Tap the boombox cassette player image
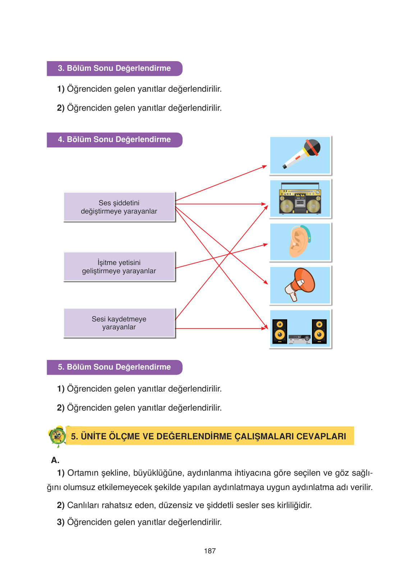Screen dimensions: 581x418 click(x=300, y=199)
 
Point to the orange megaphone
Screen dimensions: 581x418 click(x=300, y=284)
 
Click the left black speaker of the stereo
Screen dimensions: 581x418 click(x=280, y=331)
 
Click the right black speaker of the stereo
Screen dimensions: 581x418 click(x=319, y=331)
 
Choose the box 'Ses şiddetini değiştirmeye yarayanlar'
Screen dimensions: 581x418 click(x=119, y=207)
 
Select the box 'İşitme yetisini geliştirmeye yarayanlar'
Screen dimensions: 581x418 click(x=119, y=267)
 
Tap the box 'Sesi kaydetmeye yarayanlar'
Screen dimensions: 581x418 click(x=119, y=323)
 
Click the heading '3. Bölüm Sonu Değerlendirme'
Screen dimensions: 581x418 click(x=114, y=68)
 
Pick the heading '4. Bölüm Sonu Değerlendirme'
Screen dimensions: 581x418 click(x=114, y=139)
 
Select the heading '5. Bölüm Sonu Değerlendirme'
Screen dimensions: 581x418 click(x=114, y=367)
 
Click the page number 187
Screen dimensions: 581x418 click(x=210, y=551)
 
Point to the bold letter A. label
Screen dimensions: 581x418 click(x=55, y=460)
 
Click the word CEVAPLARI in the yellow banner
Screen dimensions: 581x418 click(x=321, y=436)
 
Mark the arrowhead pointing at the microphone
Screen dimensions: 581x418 click(x=265, y=166)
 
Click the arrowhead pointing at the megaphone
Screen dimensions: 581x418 click(x=266, y=283)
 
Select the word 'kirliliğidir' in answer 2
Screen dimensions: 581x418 click(x=294, y=505)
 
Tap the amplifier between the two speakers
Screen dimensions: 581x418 click(x=299, y=339)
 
